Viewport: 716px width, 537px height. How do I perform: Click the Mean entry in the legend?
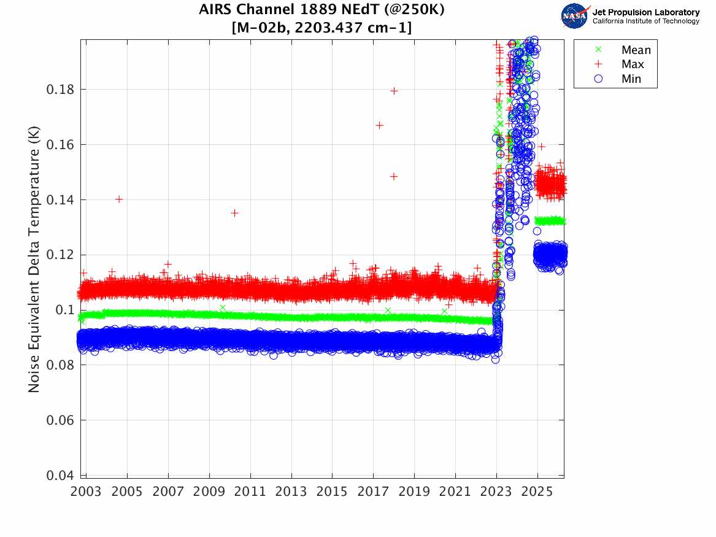click(x=636, y=50)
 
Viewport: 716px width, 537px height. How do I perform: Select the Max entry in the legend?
click(x=633, y=64)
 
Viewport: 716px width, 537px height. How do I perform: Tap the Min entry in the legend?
click(x=631, y=79)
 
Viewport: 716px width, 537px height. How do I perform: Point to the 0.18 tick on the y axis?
click(x=61, y=90)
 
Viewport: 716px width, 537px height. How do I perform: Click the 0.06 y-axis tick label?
click(x=61, y=420)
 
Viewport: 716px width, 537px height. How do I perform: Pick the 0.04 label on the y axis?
click(x=61, y=476)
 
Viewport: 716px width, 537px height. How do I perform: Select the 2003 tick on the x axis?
click(x=87, y=492)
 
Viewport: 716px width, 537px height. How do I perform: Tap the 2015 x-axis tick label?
click(x=333, y=492)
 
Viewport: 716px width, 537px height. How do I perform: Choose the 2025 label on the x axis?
click(x=537, y=492)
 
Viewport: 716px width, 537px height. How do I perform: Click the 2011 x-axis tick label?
click(x=250, y=492)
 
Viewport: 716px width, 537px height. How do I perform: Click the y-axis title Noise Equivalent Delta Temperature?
click(x=34, y=258)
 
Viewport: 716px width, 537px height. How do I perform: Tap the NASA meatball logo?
click(x=574, y=16)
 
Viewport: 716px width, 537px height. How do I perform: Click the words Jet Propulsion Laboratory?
click(x=645, y=12)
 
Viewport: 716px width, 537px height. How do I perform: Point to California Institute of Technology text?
click(x=645, y=21)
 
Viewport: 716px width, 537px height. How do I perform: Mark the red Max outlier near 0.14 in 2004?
click(x=119, y=199)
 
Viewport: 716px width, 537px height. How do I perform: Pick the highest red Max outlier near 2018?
click(x=394, y=91)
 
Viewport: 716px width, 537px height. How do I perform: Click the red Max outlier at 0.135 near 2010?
click(x=234, y=213)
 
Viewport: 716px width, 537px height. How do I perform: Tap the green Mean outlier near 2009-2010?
click(x=222, y=307)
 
